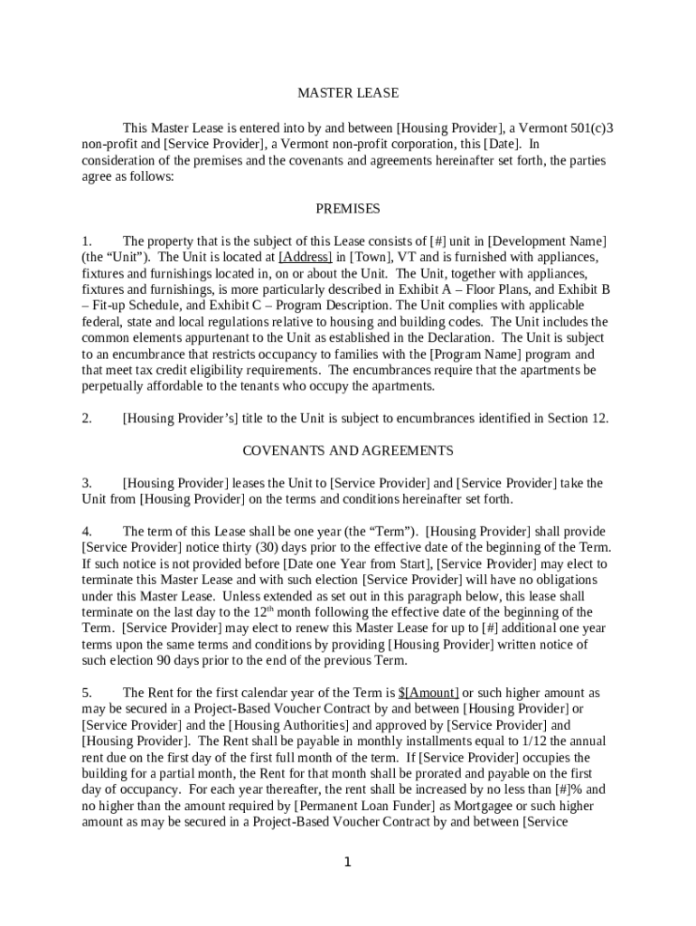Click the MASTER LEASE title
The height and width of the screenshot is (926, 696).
[x=348, y=93]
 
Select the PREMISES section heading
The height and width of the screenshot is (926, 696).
[x=348, y=208]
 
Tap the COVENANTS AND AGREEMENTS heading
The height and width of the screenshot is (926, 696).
[x=348, y=449]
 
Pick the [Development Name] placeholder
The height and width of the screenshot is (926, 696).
[x=547, y=241]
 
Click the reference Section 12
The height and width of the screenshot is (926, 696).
[x=578, y=418]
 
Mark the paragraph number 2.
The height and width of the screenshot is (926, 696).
[x=87, y=418]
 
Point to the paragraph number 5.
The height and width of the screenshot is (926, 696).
[x=87, y=693]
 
